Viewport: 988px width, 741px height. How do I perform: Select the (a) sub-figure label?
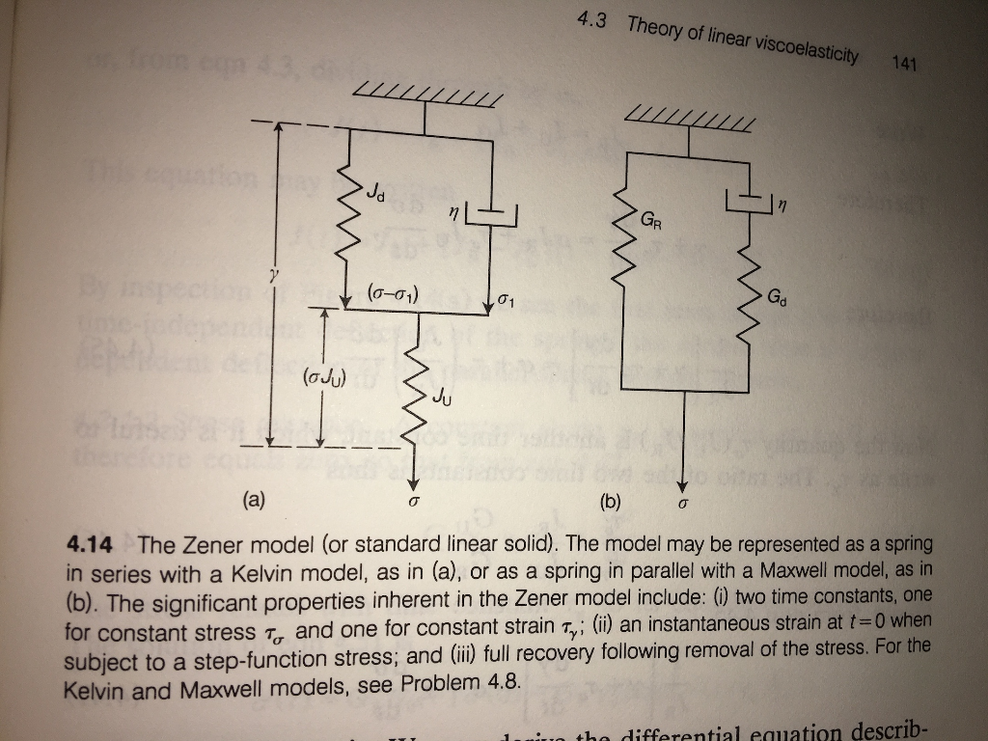coord(253,500)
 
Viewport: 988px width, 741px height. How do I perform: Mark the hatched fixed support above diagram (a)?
coord(427,95)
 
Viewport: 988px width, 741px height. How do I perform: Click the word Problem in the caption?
coord(446,685)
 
